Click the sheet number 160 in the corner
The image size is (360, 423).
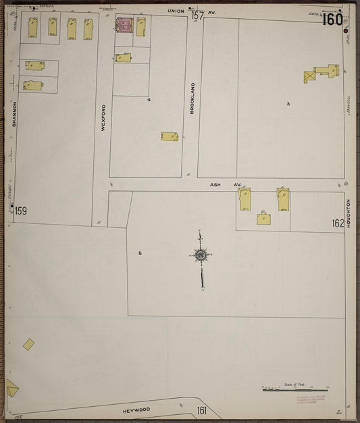point(332,19)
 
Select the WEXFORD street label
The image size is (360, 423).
point(103,117)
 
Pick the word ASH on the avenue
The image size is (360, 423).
point(215,184)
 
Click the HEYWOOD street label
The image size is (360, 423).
point(136,409)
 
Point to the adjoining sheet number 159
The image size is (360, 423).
point(21,211)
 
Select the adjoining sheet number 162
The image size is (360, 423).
point(338,223)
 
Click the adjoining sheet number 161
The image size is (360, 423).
point(201,410)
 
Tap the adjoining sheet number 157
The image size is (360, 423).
point(197,15)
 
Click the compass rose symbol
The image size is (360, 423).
point(201,256)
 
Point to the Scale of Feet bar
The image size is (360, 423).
point(294,389)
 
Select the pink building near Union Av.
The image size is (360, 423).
point(124,26)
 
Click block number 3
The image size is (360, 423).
point(288,103)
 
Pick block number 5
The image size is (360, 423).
point(140,253)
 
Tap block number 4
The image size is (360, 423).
point(149,100)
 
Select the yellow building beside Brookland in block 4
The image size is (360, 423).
point(170,136)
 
